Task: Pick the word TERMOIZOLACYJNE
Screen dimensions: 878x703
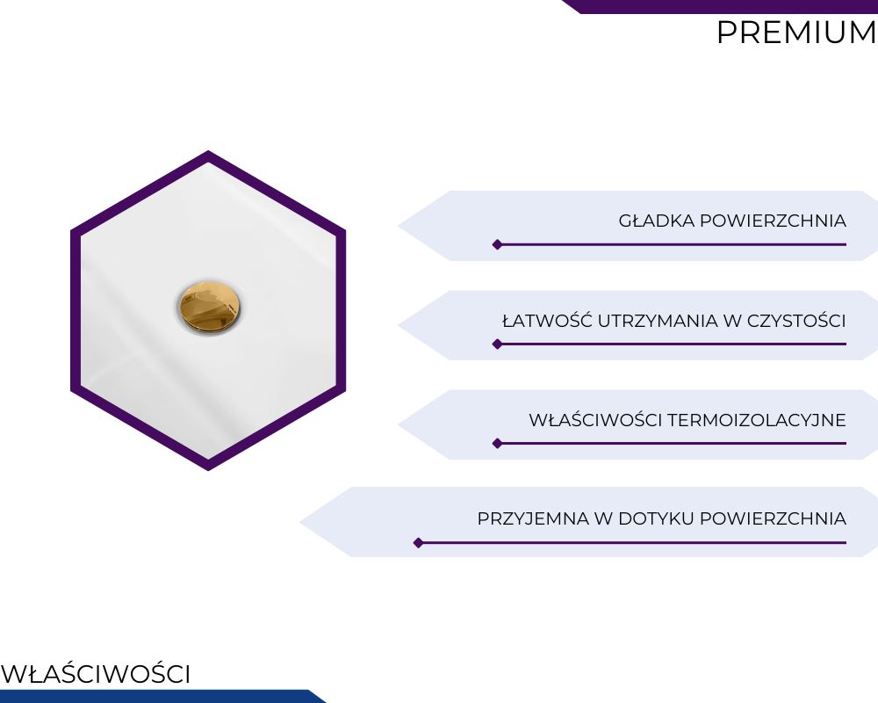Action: click(757, 420)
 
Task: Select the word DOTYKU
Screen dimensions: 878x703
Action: click(656, 518)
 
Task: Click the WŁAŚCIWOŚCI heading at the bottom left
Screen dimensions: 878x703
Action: click(96, 673)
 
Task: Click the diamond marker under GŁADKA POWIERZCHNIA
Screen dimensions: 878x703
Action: click(497, 244)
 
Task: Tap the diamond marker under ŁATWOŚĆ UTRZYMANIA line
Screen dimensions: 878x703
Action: click(497, 344)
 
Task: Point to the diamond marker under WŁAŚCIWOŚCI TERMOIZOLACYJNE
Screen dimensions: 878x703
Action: click(497, 444)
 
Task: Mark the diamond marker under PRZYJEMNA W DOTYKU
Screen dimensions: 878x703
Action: click(418, 543)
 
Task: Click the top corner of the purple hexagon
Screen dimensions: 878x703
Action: click(208, 151)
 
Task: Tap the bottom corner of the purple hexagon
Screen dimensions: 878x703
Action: click(208, 470)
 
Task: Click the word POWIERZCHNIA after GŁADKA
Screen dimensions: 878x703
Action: click(773, 221)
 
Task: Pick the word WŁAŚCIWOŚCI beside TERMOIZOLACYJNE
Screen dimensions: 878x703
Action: click(595, 419)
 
